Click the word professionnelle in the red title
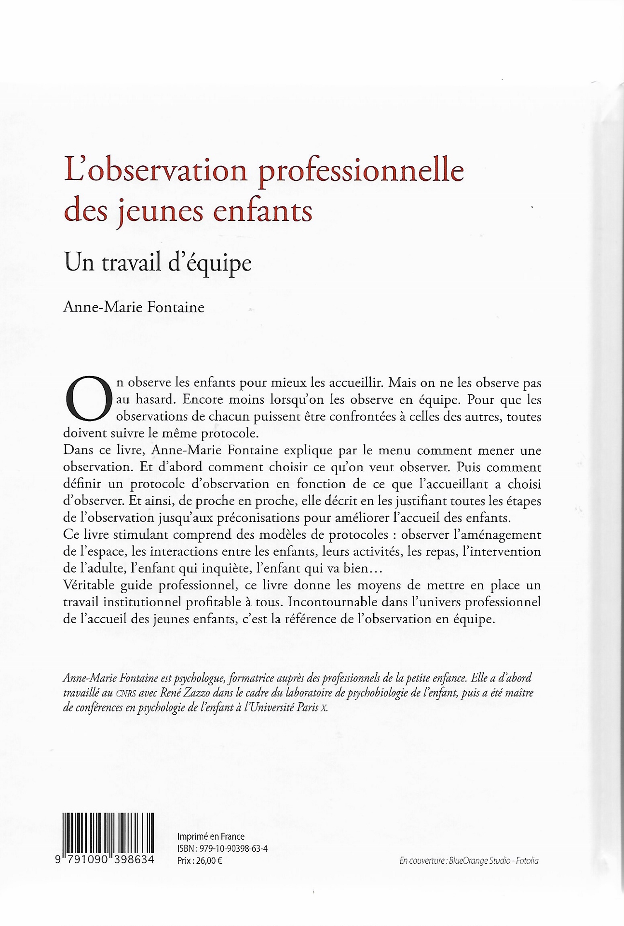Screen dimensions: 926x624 coord(361,171)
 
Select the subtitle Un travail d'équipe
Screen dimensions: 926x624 coord(158,263)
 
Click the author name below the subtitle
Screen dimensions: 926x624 coord(134,307)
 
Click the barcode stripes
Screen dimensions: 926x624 coord(108,832)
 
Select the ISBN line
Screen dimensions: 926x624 coord(222,848)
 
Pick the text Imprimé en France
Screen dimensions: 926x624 coord(211,836)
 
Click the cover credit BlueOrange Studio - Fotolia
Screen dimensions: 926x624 coord(493,860)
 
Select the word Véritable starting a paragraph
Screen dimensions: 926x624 coord(89,585)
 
